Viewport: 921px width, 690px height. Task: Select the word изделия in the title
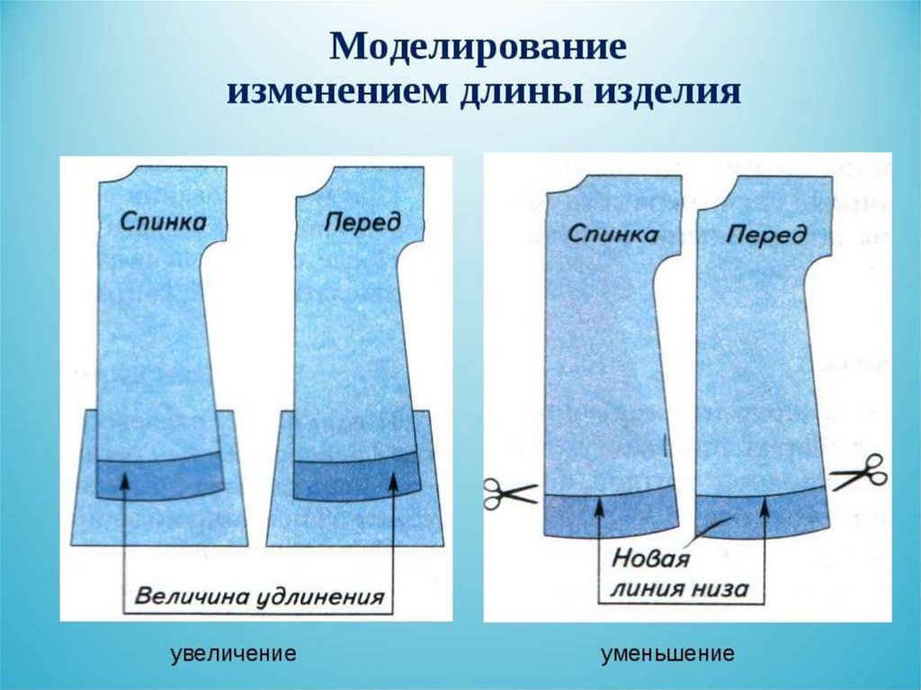[x=670, y=93]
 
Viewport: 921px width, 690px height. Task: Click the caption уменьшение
[x=667, y=654]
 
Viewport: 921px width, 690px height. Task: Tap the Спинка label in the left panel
[x=161, y=222]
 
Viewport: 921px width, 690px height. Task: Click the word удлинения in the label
[x=326, y=596]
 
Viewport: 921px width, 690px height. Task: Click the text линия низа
[x=678, y=589]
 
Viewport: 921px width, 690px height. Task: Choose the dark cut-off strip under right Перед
[x=763, y=515]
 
